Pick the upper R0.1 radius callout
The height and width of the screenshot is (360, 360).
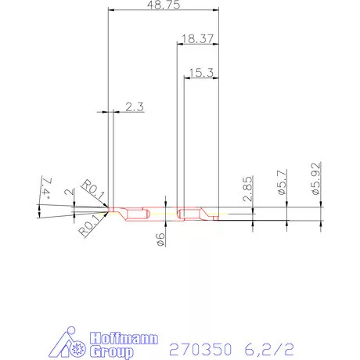(x=92, y=190)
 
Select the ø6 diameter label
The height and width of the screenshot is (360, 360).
(x=160, y=241)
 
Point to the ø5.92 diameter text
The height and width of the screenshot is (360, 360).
(x=317, y=178)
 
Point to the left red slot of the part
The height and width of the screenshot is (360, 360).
(x=138, y=214)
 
